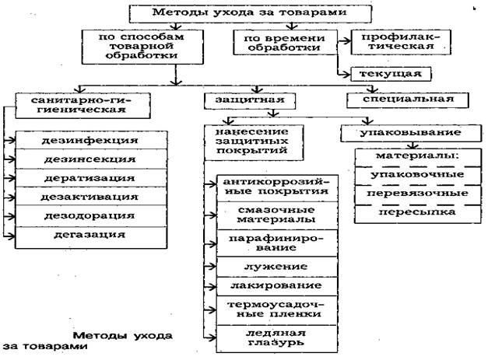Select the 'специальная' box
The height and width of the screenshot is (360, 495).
pos(398,100)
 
